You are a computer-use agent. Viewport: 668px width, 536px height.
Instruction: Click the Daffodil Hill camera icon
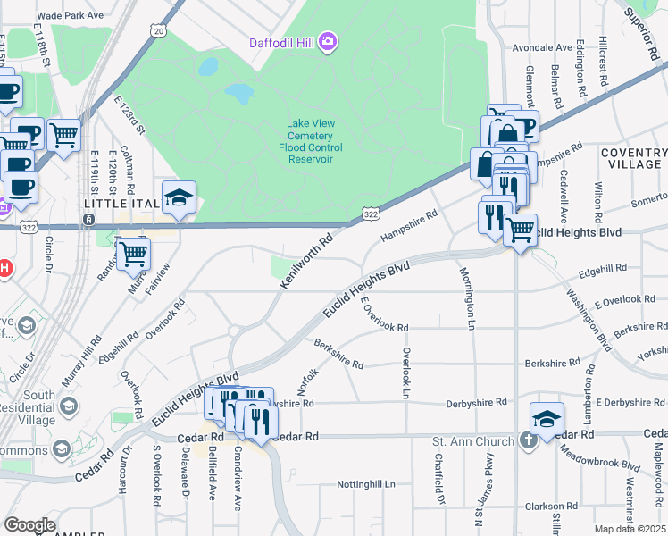[328, 41]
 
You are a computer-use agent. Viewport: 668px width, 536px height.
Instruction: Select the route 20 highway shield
[158, 30]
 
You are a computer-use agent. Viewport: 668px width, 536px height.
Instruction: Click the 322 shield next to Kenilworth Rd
[371, 214]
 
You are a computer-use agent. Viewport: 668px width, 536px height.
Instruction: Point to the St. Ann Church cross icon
[528, 440]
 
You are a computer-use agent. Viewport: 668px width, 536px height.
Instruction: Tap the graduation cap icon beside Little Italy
[179, 197]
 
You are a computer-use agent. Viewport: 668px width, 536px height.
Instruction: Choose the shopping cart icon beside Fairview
[133, 253]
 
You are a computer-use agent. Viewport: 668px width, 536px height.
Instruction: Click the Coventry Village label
[633, 158]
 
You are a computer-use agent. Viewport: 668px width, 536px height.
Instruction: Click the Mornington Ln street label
[467, 298]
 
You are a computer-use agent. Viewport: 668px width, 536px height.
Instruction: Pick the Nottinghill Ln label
[365, 484]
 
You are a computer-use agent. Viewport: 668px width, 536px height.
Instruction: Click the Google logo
[29, 525]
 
